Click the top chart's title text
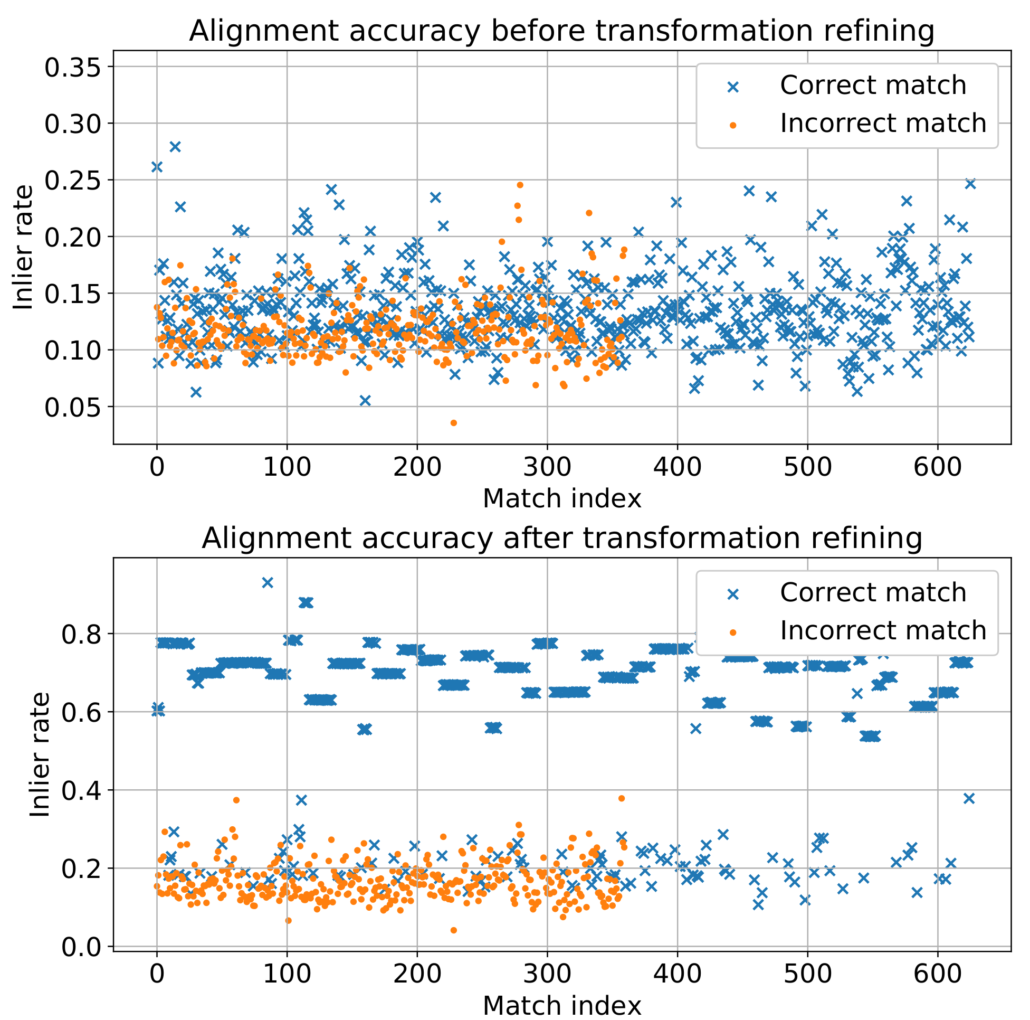coord(561,31)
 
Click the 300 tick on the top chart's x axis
coord(547,467)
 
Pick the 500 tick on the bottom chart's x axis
coord(807,975)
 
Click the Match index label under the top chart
coord(561,499)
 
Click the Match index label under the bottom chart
coord(561,1006)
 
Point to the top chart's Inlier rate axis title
coord(23,247)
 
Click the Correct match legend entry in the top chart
coord(872,86)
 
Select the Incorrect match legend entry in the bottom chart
coord(882,630)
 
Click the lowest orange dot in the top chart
coord(453,423)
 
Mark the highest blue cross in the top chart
coord(175,147)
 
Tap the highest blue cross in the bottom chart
coord(268,582)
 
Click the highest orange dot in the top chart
coord(520,185)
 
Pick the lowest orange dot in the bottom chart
coord(453,930)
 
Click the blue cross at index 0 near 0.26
coord(157,167)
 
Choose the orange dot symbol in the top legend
coord(733,125)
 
